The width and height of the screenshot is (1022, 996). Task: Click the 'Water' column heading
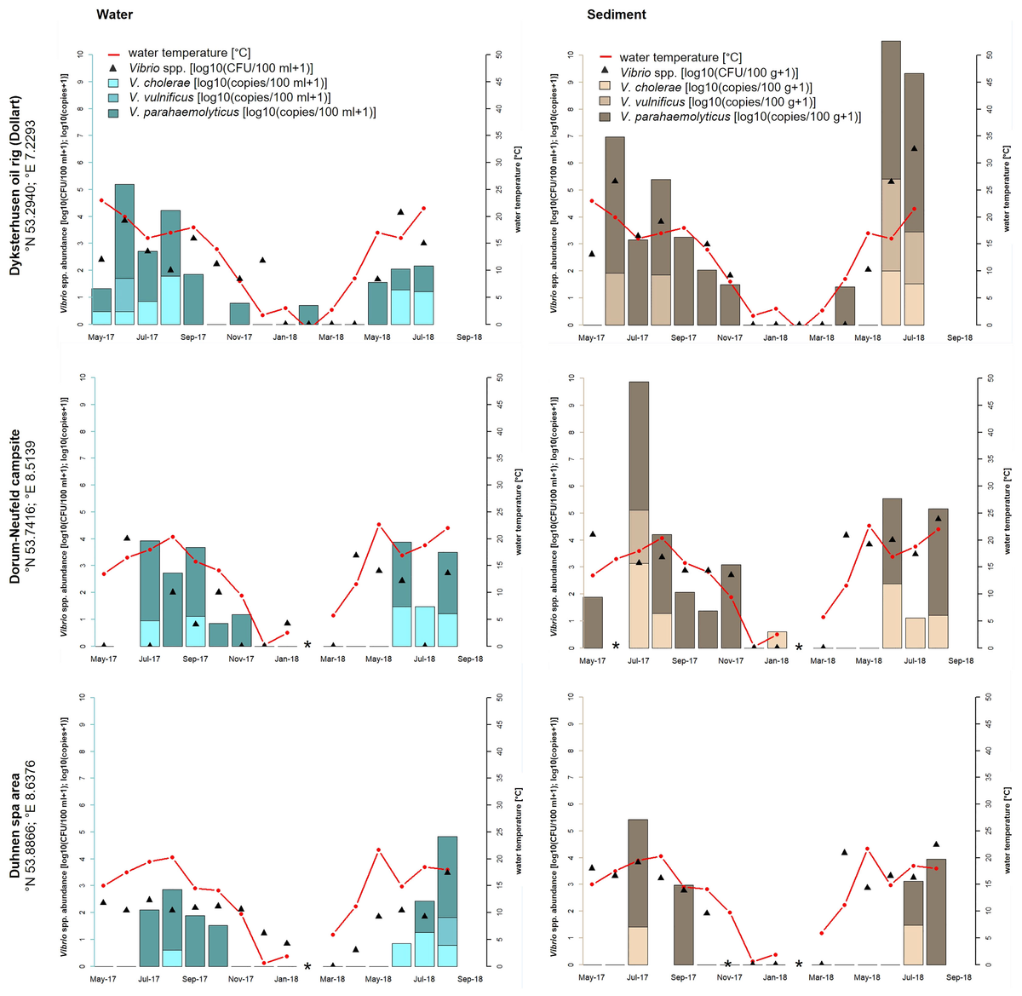pos(114,14)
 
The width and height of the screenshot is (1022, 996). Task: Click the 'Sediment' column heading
pos(616,14)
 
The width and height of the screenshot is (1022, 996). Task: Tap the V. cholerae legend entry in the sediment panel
pos(715,87)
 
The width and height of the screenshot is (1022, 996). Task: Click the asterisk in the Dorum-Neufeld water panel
pos(307,645)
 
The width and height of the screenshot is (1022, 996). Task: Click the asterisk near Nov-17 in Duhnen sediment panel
pos(727,965)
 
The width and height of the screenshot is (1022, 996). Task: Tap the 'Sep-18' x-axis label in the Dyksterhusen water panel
pos(469,337)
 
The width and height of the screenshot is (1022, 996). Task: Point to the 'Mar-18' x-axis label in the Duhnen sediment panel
pos(822,977)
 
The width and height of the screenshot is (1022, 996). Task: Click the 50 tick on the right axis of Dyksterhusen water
pos(499,55)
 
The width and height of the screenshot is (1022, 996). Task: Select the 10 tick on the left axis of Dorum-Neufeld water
pos(80,377)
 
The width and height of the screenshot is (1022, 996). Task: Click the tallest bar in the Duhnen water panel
pos(447,901)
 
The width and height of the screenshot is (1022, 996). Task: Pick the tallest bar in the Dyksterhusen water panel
pos(124,254)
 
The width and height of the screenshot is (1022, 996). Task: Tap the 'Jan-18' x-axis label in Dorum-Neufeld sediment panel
pos(775,660)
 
